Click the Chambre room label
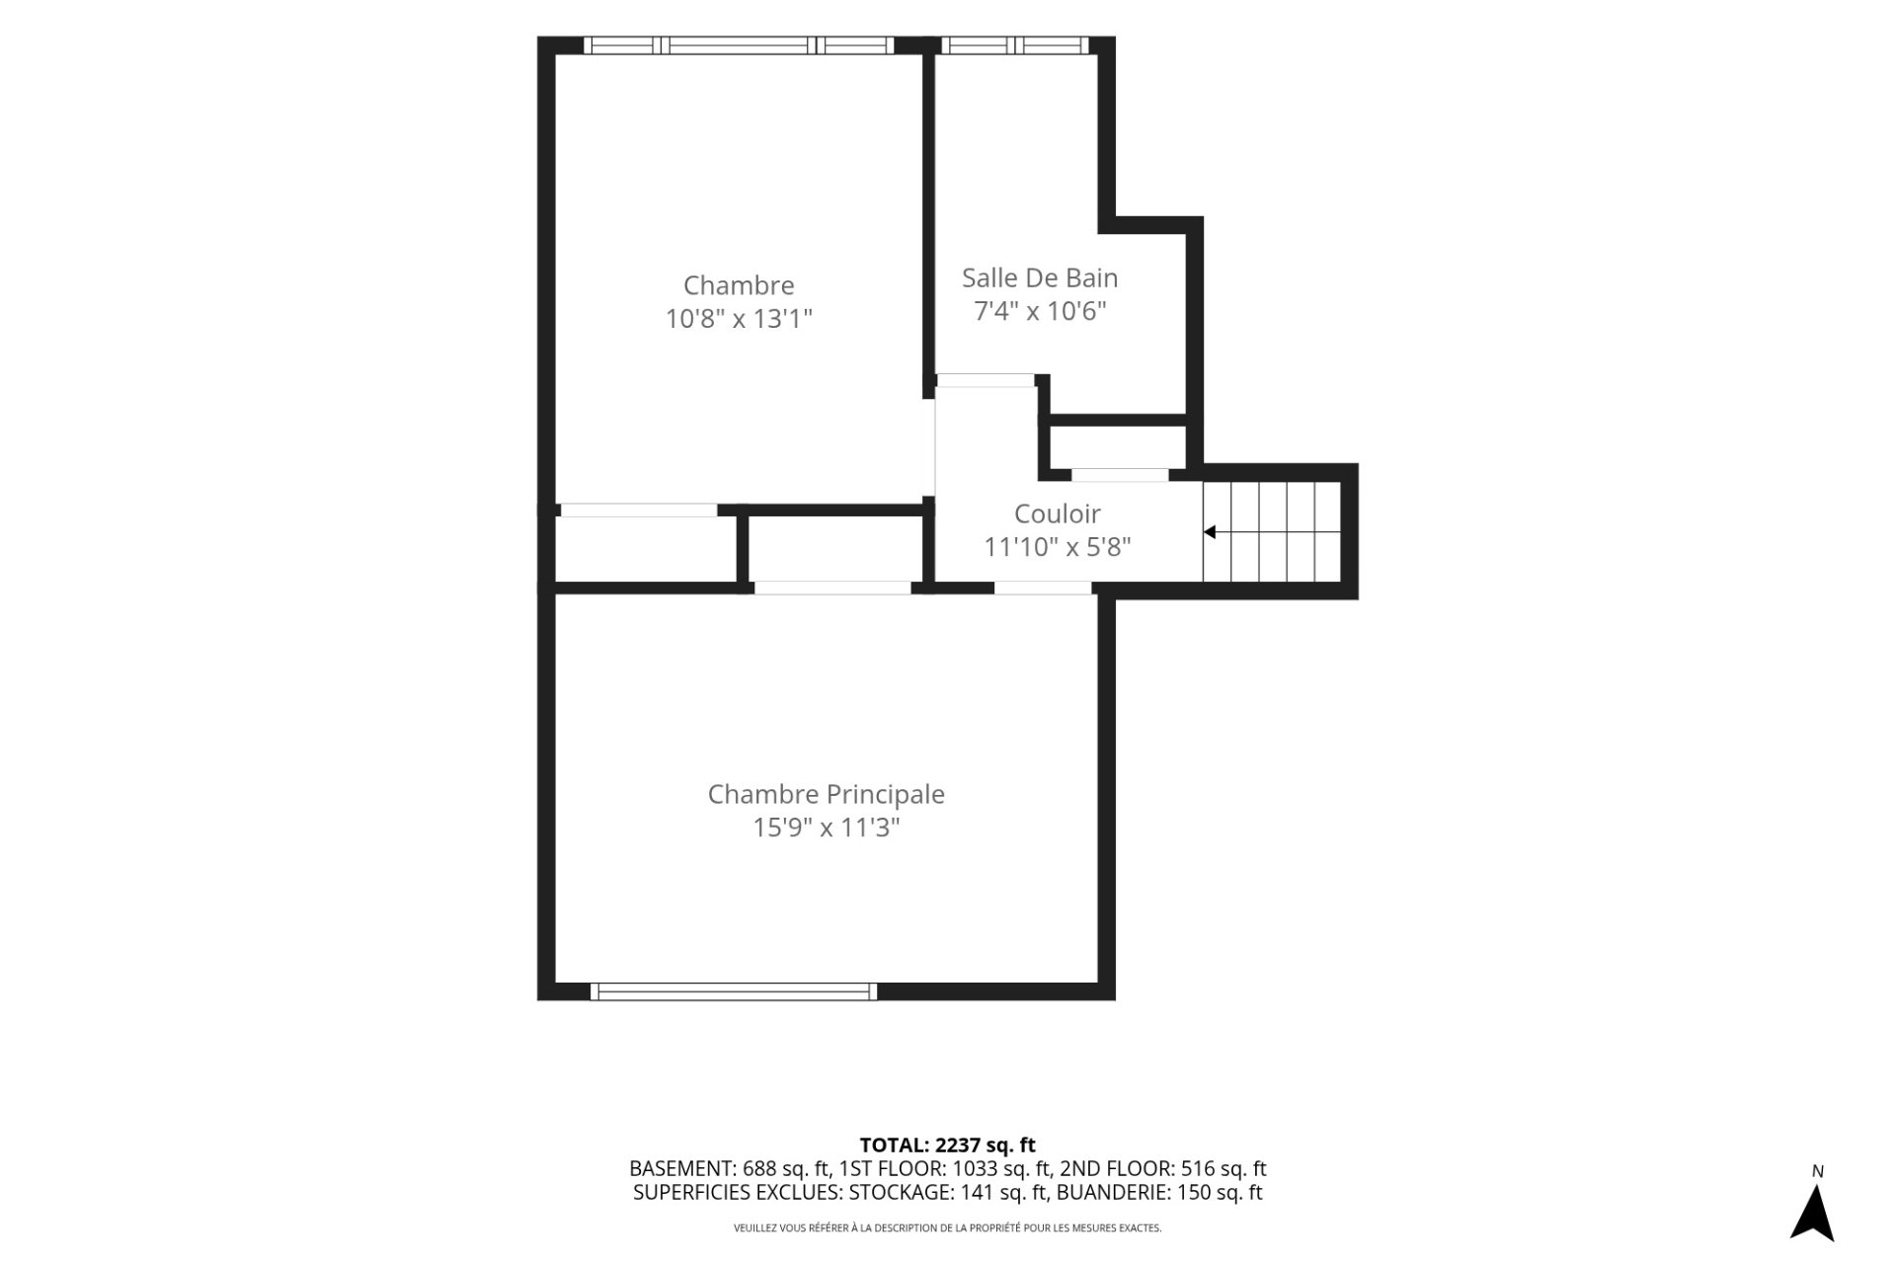pos(739,285)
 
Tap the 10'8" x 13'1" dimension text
pos(739,319)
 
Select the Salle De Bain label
pos(1040,277)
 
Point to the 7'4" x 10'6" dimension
pos(1040,311)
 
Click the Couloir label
pos(1058,513)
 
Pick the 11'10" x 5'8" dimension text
pos(1058,547)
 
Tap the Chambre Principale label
pos(827,795)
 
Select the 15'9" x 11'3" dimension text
pos(827,828)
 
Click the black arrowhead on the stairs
pos(1209,532)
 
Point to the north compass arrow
pos(1812,1212)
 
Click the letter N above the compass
pos(1818,1172)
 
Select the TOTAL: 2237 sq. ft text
pos(948,1145)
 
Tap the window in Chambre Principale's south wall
pos(734,991)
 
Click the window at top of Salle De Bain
pos(1015,45)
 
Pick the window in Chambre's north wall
pos(739,45)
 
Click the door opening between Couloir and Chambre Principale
pos(1043,589)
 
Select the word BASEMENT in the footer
pos(681,1169)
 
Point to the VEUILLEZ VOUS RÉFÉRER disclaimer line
pos(948,1228)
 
